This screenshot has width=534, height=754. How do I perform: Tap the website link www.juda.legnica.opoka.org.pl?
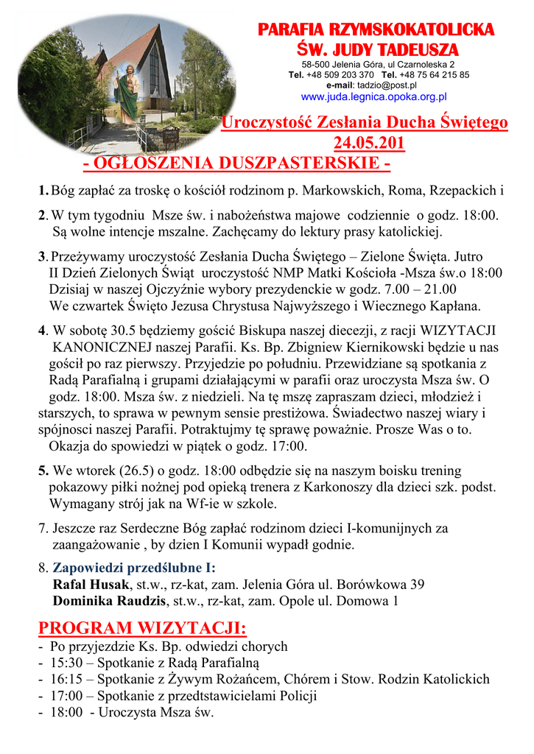(x=374, y=96)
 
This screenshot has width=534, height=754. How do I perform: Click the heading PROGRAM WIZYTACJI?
(x=142, y=628)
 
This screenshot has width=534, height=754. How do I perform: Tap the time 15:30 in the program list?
(x=65, y=663)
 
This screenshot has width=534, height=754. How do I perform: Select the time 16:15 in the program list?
(x=65, y=679)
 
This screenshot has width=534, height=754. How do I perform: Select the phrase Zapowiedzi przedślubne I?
(x=134, y=568)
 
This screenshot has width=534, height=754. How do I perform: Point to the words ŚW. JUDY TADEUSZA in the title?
(x=376, y=49)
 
